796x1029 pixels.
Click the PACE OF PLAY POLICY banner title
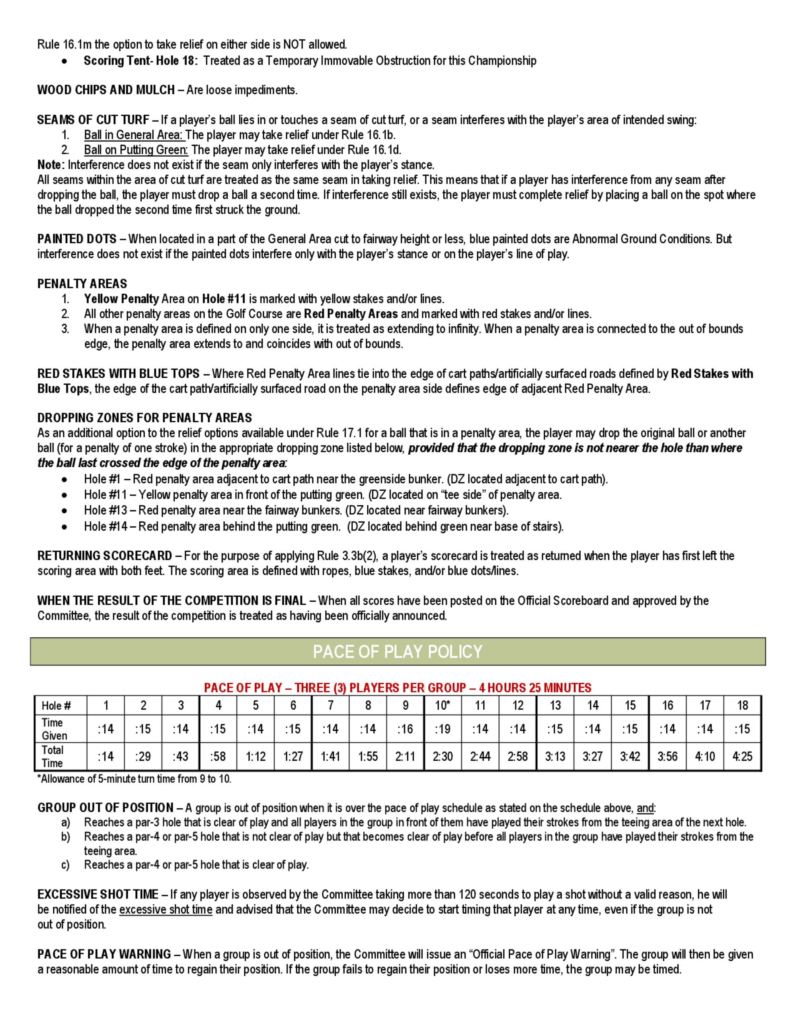(398, 652)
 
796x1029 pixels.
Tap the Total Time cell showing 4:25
(742, 756)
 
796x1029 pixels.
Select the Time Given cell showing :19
(442, 729)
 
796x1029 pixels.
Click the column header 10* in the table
(442, 705)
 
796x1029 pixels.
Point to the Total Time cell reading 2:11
(405, 756)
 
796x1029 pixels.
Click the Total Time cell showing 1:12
(256, 756)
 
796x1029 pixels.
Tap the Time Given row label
(54, 729)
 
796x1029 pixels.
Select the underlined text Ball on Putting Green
(136, 150)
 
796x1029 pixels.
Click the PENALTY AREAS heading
(82, 283)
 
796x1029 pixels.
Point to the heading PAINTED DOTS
(77, 239)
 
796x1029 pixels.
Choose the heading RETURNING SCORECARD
(105, 555)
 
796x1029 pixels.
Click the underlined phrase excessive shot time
(166, 909)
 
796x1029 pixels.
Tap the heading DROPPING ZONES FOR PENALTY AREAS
(144, 417)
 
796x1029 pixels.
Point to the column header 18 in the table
(742, 705)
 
